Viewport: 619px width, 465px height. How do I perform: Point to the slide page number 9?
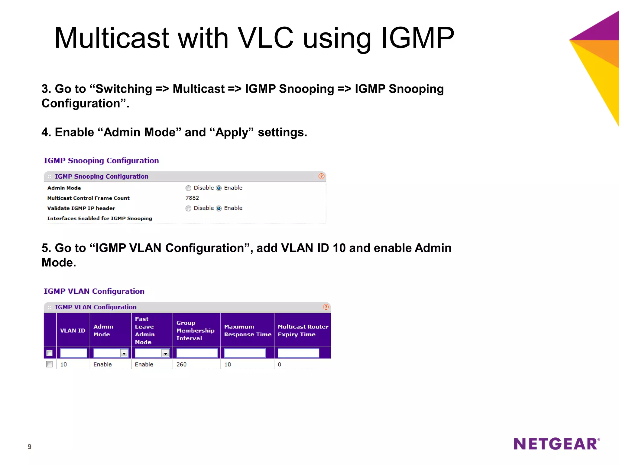point(29,447)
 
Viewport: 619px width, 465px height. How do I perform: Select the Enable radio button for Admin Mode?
point(219,188)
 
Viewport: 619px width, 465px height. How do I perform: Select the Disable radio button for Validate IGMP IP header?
point(188,208)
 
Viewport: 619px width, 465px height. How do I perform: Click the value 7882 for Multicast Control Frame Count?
point(192,198)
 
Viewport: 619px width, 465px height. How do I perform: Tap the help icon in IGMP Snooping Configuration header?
point(321,176)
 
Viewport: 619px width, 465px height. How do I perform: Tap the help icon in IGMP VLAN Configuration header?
point(326,307)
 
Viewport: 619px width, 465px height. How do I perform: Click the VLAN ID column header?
point(73,331)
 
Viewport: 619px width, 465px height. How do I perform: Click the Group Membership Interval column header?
point(195,331)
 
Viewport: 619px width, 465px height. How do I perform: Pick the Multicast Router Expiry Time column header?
point(303,331)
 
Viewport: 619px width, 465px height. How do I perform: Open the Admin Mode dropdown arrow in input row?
point(124,353)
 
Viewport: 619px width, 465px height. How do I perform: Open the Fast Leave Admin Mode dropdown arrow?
point(165,353)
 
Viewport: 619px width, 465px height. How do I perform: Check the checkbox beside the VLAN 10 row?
point(49,364)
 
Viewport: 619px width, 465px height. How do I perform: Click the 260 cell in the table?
point(181,364)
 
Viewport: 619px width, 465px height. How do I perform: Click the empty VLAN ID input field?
point(73,353)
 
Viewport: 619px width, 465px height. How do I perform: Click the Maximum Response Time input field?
point(245,353)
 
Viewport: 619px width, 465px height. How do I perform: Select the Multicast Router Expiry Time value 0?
point(279,364)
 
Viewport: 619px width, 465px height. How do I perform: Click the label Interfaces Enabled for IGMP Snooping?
point(99,218)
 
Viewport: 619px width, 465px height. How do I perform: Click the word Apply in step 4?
point(232,132)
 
